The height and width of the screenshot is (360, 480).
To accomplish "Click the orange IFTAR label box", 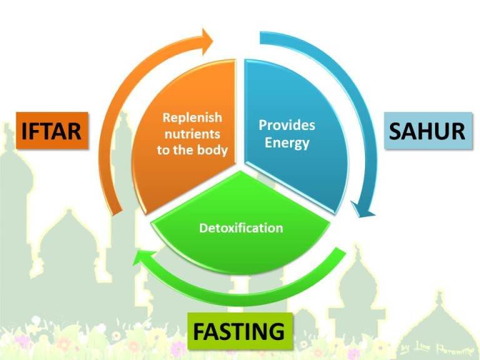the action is click(52, 131).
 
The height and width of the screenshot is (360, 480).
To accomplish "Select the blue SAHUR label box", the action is click(427, 131).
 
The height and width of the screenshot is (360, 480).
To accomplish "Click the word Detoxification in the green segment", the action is click(241, 227).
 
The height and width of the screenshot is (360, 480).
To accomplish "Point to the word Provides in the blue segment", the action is click(287, 125).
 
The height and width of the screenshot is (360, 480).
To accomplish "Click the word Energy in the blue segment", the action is click(287, 142).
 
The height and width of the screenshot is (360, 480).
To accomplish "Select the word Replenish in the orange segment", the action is click(192, 117).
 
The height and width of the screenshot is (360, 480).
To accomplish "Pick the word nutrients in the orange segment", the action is click(192, 134).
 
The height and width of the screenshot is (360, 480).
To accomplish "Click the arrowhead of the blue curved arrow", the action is click(362, 209).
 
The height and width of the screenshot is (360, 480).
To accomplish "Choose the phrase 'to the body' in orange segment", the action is click(192, 151).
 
